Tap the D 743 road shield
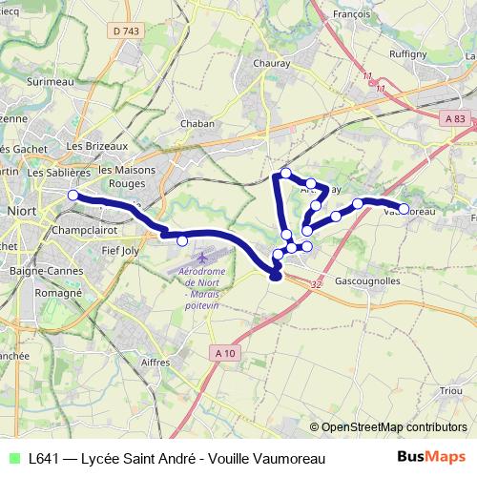click(125, 32)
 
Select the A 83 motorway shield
click(457, 117)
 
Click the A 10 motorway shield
click(224, 354)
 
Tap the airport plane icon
click(204, 259)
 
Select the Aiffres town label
click(154, 363)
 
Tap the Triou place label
click(450, 390)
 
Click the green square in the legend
click(12, 459)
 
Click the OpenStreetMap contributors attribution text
click(394, 427)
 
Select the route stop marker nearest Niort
click(73, 196)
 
